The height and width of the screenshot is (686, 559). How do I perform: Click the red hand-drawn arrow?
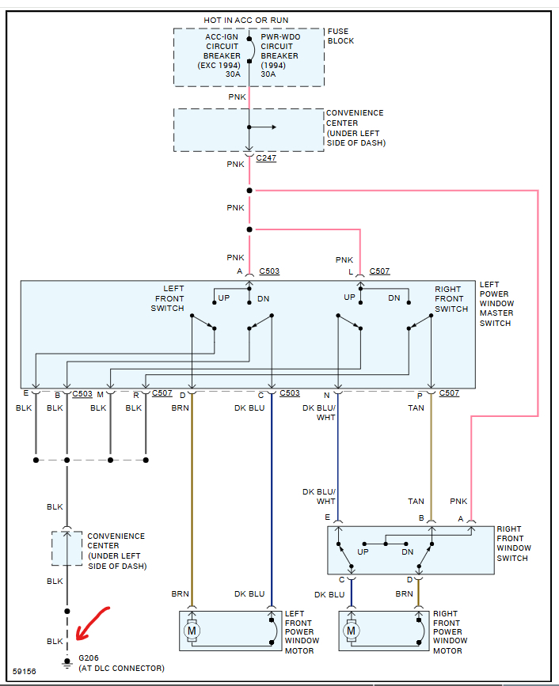coord(93,623)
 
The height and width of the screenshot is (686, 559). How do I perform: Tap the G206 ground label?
coord(89,658)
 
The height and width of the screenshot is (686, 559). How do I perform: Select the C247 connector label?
coord(266,158)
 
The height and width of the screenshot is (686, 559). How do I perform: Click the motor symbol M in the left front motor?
coord(192,631)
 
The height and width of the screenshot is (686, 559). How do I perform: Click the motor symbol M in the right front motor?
coord(351,631)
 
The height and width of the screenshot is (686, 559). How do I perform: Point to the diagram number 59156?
coord(24,671)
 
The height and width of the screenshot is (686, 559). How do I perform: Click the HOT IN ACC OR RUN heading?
coord(246,20)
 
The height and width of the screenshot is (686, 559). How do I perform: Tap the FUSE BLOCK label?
coord(340,36)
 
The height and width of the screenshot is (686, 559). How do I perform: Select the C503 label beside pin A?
coord(269,271)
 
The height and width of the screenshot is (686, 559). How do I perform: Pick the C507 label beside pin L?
coord(379,271)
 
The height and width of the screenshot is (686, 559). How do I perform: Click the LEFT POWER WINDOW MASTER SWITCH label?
coord(496,304)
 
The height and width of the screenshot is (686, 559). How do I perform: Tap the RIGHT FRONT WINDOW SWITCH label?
coord(514,544)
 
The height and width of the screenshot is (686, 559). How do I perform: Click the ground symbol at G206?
coord(67,664)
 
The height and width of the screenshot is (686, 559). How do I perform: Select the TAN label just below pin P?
coord(416,407)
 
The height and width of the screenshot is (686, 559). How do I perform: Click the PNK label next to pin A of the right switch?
coord(458,502)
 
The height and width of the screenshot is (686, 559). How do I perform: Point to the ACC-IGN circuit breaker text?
coord(219,55)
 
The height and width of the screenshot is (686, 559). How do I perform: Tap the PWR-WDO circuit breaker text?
coord(280,55)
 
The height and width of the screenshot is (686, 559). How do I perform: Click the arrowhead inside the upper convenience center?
coord(274,127)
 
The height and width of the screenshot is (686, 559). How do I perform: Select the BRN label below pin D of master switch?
coord(180,407)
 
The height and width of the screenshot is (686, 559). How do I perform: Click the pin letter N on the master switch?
coord(326,396)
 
